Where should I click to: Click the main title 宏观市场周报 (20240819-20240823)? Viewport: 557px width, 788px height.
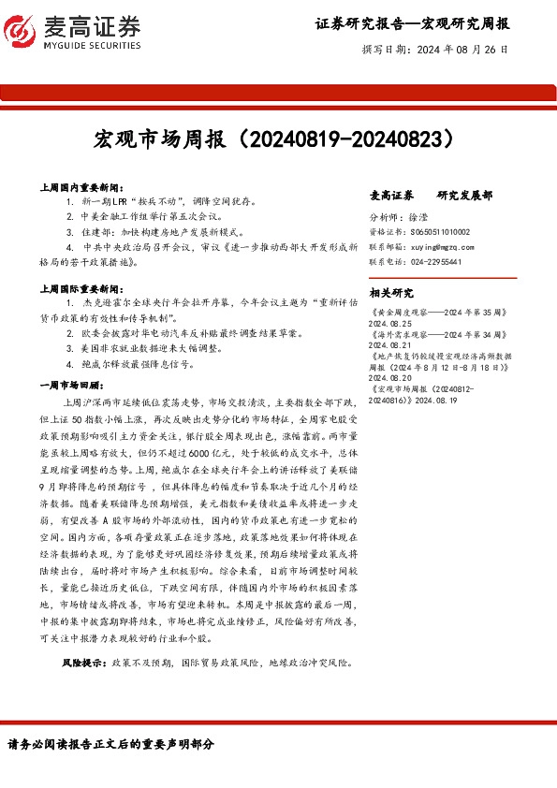tap(278, 140)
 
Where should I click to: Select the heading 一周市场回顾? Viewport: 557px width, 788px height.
tap(77, 385)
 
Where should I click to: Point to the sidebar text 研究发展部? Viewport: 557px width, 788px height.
tap(465, 196)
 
